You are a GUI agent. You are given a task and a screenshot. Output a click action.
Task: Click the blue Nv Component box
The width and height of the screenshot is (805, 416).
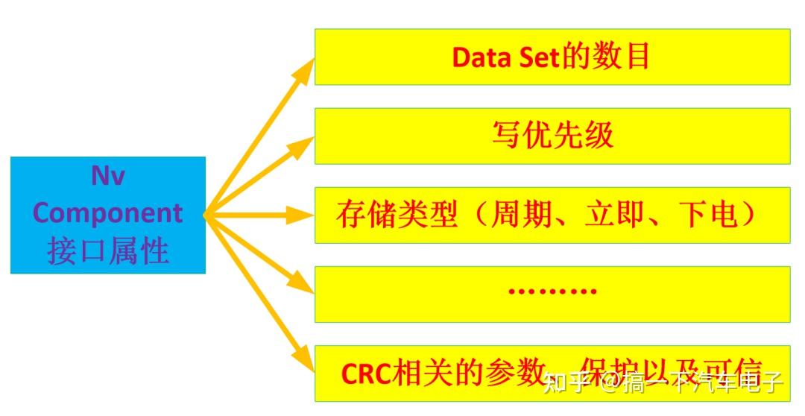(x=108, y=215)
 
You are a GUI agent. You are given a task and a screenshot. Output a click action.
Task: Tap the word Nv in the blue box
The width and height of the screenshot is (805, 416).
(x=108, y=177)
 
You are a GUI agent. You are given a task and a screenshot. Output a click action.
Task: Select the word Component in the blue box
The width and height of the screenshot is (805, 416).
(x=108, y=213)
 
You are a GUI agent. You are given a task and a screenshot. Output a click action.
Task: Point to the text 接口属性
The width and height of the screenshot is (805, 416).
(x=108, y=251)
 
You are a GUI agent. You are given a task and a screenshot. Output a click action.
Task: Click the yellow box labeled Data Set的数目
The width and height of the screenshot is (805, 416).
(x=552, y=57)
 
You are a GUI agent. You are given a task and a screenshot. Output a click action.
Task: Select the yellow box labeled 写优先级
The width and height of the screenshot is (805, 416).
(x=552, y=136)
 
